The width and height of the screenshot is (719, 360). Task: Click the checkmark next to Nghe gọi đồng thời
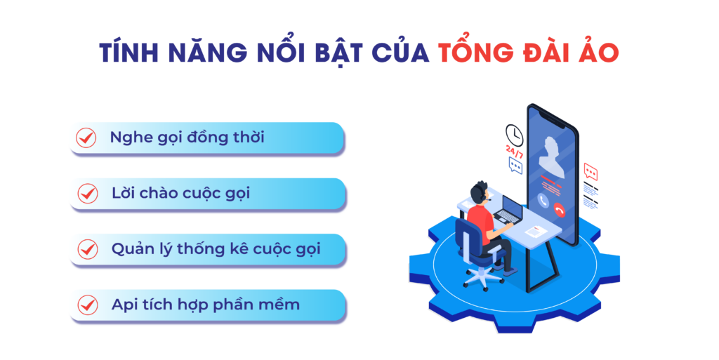point(86,138)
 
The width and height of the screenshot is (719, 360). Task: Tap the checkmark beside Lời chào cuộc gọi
point(87,193)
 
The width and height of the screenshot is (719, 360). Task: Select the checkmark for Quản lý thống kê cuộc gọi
point(87,249)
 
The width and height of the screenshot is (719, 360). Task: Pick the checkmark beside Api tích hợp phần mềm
point(87,305)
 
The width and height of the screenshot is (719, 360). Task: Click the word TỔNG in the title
point(476,51)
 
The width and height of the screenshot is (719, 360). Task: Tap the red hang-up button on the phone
point(559,210)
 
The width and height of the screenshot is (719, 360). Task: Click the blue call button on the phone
point(543,200)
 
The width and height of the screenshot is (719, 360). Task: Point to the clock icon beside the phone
point(514,135)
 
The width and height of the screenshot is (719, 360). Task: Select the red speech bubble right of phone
point(591,172)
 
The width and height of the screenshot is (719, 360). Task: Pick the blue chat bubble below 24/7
point(515,166)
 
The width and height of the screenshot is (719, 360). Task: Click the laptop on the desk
point(509,211)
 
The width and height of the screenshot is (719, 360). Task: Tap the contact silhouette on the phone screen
point(552,158)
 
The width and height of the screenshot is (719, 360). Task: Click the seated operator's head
point(479,192)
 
